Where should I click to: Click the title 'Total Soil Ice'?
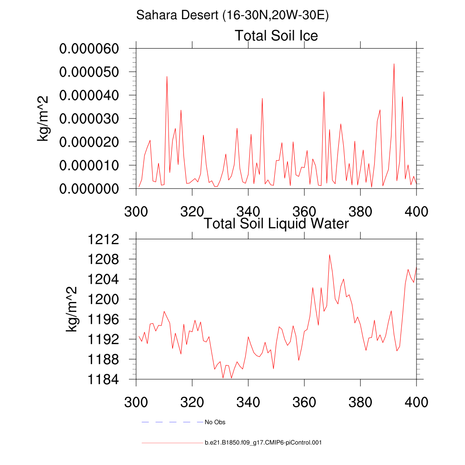tap(276, 35)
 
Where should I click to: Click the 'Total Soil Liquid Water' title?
tap(276, 223)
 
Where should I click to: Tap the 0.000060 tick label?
tap(89, 49)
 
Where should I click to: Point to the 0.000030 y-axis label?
tap(89, 119)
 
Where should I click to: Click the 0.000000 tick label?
tap(89, 188)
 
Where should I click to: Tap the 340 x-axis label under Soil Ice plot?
tap(248, 211)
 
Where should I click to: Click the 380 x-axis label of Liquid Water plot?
tap(360, 402)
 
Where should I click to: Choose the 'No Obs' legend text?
tap(215, 422)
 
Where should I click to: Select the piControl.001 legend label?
tap(263, 442)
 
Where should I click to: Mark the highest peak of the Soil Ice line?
tap(394, 64)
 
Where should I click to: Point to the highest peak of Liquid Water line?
tap(329, 255)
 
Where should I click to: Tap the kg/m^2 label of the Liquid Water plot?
tap(72, 309)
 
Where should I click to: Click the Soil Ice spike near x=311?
tap(167, 77)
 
